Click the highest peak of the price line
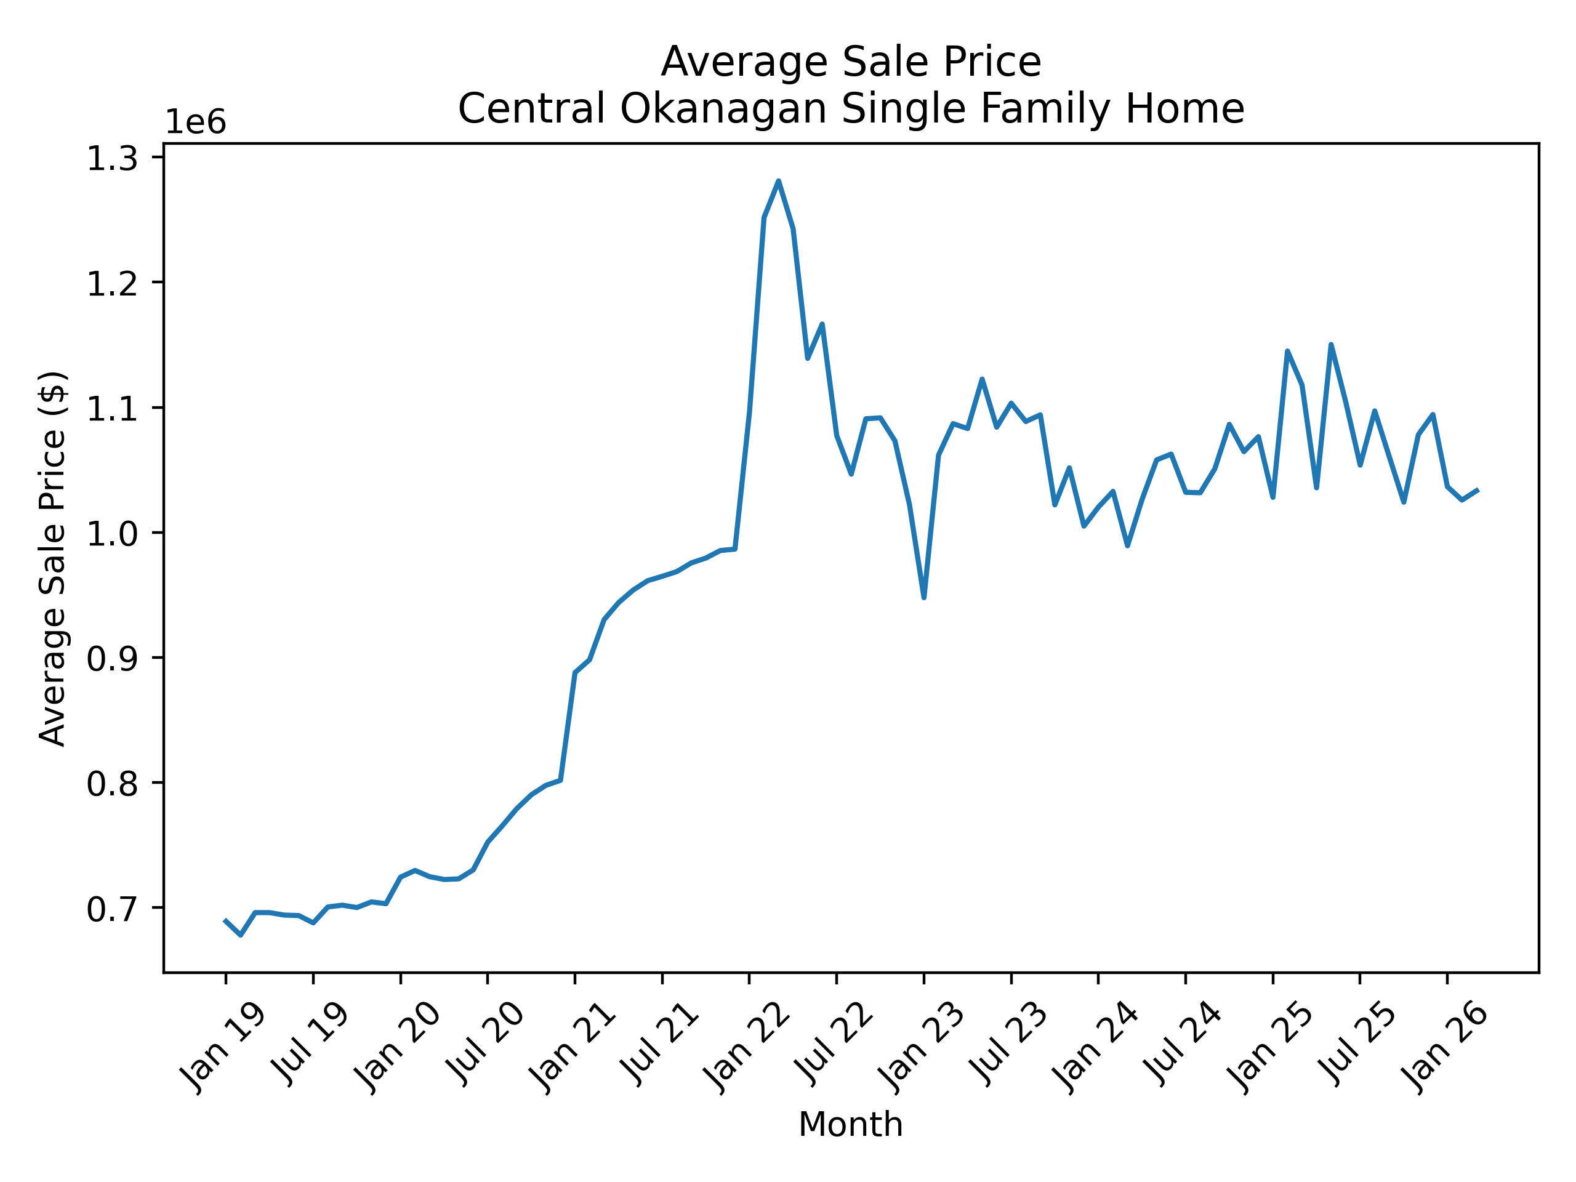pos(778,181)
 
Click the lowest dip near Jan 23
pos(924,597)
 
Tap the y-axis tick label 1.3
pos(112,158)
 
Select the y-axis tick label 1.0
pos(112,534)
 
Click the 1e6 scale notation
pos(195,123)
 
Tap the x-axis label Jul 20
pos(484,1043)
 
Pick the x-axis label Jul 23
pos(1008,1043)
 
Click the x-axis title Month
pos(851,1125)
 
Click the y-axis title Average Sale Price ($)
pos(53,558)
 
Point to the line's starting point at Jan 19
pos(226,920)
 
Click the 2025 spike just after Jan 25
pos(1287,352)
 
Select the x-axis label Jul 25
pos(1357,1043)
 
